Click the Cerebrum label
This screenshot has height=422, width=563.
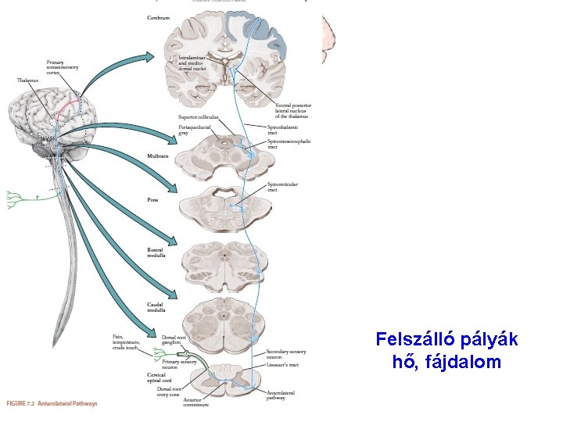coord(157,17)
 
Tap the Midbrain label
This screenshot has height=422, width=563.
coord(157,156)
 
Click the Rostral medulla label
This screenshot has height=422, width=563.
coord(155,253)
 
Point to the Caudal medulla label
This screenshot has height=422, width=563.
coord(155,307)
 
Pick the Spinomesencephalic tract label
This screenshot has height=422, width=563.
coord(288,144)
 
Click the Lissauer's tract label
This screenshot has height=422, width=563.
coord(281,365)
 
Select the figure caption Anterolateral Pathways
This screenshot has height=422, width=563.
coord(52,403)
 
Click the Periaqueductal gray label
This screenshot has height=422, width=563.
coord(192,129)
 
